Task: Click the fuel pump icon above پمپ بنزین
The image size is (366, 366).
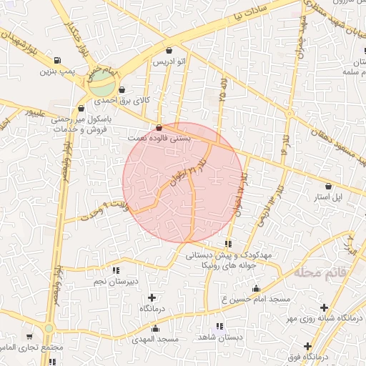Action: (57, 60)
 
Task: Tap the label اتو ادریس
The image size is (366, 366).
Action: (169, 63)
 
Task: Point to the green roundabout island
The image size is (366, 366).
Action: (101, 85)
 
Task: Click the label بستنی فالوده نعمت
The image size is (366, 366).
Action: (159, 137)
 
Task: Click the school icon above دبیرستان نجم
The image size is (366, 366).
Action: (115, 270)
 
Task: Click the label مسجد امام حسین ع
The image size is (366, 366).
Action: (255, 298)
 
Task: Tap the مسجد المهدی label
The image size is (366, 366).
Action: (158, 338)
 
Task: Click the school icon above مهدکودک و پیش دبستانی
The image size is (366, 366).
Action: (228, 244)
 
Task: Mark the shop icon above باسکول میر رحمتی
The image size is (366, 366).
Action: (80, 109)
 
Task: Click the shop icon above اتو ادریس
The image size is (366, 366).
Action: (169, 51)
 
